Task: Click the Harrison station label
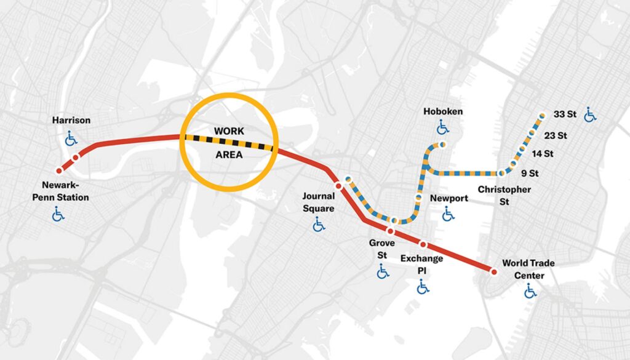[x=71, y=120]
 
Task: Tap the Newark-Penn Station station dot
[x=60, y=170]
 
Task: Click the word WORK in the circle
[x=229, y=131]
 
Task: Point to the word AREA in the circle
[x=229, y=155]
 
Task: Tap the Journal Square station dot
[x=338, y=185]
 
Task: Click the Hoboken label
[x=443, y=111]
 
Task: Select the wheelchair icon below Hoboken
[x=443, y=128]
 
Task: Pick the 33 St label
[x=564, y=114]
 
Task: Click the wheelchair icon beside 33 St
[x=591, y=114]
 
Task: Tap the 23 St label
[x=556, y=135]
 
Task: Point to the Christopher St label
[x=504, y=195]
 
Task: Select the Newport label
[x=449, y=198]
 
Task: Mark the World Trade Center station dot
[x=493, y=271]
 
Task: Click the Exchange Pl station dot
[x=423, y=244]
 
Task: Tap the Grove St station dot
[x=390, y=231]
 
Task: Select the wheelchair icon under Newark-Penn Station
[x=58, y=214]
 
